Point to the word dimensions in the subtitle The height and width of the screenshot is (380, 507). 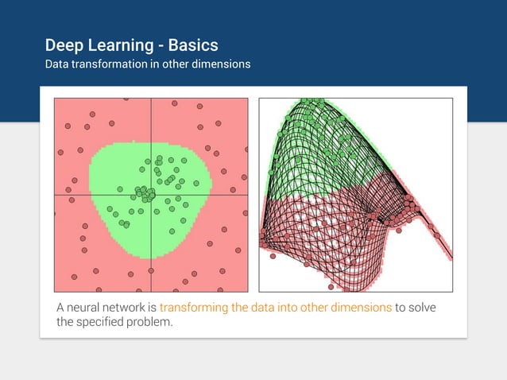click(222, 64)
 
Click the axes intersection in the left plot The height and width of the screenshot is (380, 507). click(150, 196)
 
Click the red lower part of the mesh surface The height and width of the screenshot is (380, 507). click(318, 238)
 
